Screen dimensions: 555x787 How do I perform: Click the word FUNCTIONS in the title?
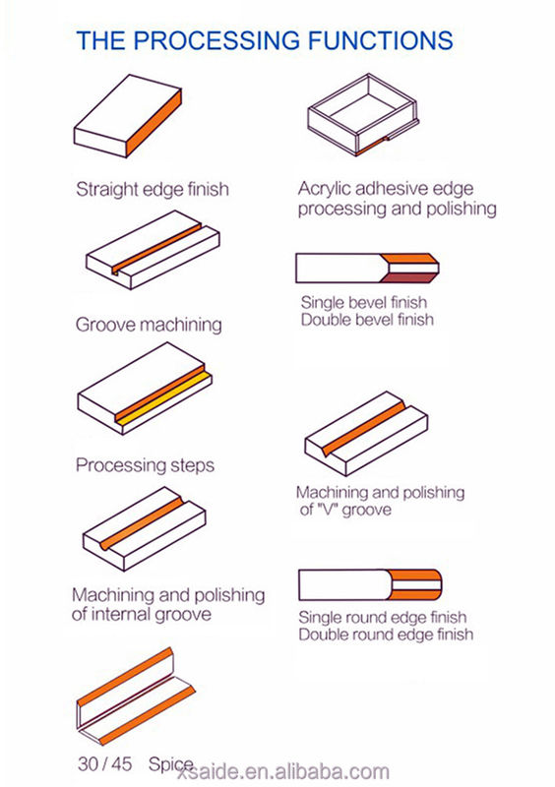380,40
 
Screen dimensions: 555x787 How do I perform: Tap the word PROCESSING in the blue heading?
216,40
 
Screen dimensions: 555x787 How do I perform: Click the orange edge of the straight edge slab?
154,123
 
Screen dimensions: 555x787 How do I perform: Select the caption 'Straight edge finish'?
153,189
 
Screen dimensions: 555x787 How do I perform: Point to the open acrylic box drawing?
363,114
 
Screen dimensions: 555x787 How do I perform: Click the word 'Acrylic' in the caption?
321,189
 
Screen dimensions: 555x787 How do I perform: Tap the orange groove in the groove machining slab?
156,248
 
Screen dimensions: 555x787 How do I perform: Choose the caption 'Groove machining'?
149,325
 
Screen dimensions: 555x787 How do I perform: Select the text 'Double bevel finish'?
367,319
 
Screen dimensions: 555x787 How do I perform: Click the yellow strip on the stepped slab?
163,399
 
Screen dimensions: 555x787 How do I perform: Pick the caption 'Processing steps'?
146,465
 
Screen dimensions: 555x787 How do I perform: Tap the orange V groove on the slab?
363,428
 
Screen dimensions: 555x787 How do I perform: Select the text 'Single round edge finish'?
383,617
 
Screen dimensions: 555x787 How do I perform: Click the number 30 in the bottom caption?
88,764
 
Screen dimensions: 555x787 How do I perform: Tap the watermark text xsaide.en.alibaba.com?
283,771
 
